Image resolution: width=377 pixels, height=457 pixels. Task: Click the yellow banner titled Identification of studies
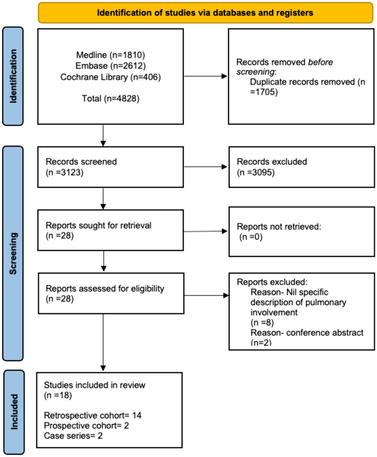point(204,13)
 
